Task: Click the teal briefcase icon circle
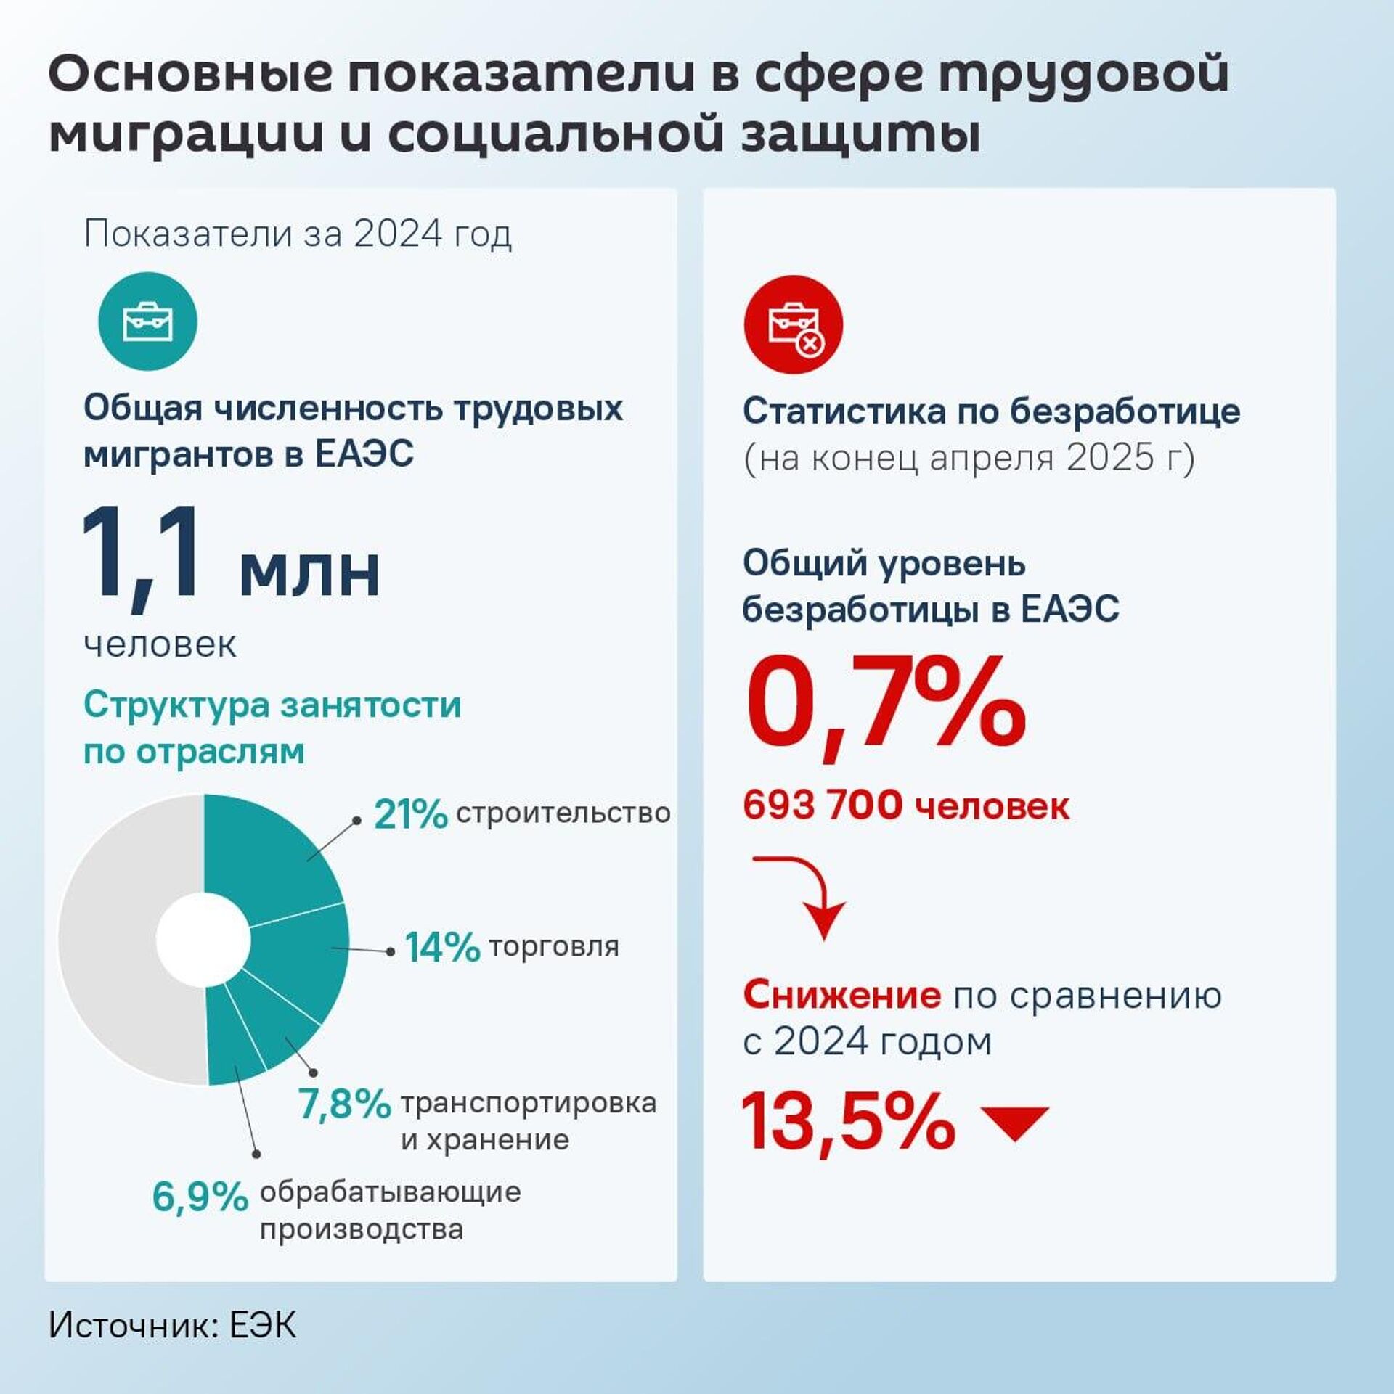point(147,321)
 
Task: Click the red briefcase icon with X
point(793,324)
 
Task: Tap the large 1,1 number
point(142,554)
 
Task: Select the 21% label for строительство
point(410,814)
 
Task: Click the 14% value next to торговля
point(442,947)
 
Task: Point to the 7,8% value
point(344,1104)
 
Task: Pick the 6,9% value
point(200,1196)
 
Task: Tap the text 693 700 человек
point(905,805)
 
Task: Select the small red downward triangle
point(1014,1124)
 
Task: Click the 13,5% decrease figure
point(847,1122)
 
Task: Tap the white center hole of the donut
point(203,939)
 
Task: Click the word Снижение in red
point(841,995)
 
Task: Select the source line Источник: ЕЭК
point(173,1325)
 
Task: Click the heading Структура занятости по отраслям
point(272,727)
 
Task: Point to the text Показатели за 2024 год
point(298,234)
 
